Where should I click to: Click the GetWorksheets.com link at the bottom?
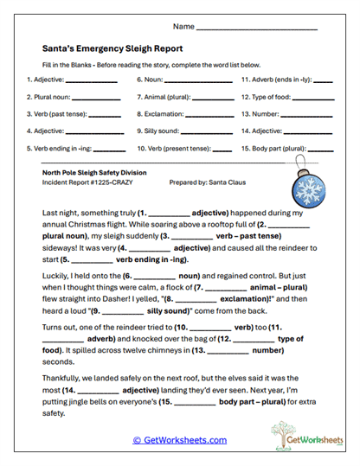[179, 440]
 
